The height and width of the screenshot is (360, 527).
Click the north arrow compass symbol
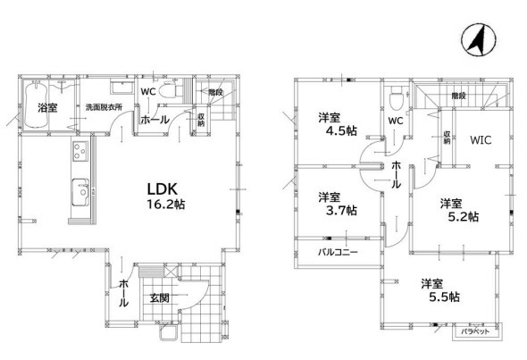(478, 39)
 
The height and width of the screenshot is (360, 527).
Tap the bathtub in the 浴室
(36, 105)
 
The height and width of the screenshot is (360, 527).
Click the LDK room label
(163, 189)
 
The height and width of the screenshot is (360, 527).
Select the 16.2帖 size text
(166, 204)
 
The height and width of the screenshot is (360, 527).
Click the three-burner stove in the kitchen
(80, 151)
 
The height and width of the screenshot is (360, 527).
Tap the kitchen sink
(80, 192)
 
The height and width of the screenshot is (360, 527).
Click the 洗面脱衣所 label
(104, 107)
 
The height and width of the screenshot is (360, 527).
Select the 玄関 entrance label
(159, 297)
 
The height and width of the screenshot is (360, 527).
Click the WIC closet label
(481, 140)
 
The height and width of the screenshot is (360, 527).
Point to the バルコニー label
(338, 252)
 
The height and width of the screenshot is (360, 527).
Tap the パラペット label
(475, 331)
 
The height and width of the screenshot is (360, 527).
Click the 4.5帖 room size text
(341, 130)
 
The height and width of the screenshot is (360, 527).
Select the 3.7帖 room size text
(341, 211)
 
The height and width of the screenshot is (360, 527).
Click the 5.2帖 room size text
(464, 217)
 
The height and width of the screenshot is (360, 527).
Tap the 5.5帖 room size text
(444, 297)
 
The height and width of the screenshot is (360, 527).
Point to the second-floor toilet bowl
(396, 99)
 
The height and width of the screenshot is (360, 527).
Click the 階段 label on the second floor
(458, 96)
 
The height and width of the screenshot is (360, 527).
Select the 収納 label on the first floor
(201, 120)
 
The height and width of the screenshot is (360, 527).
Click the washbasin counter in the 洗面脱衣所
(121, 87)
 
